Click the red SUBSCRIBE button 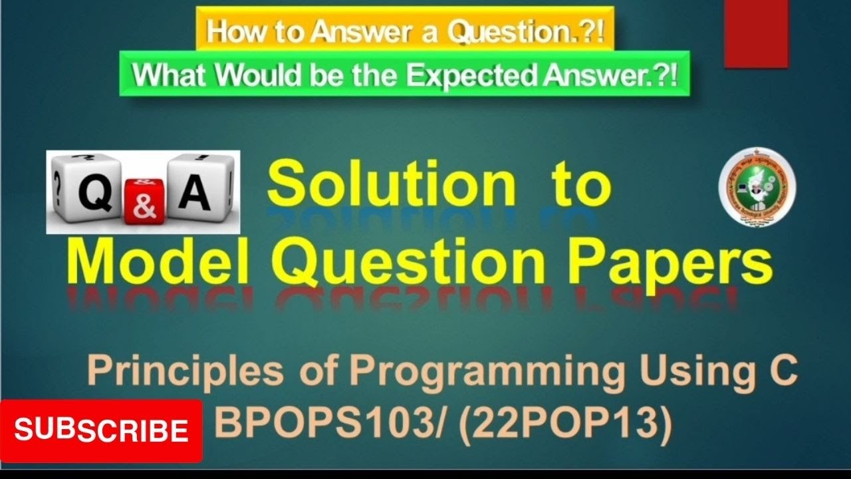101,430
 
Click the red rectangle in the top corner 756,33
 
